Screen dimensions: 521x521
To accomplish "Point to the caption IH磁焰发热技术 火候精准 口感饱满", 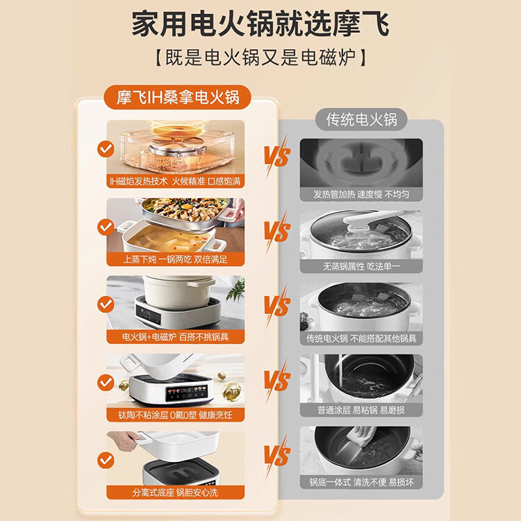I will [x=176, y=183].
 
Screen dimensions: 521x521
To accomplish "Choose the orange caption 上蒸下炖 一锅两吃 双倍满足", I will [x=176, y=259].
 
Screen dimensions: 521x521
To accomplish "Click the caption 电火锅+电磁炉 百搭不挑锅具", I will [x=176, y=337].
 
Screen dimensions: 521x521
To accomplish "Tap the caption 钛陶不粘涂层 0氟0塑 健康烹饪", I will [x=176, y=414].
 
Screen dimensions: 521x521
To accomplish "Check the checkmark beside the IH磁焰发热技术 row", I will [x=106, y=148].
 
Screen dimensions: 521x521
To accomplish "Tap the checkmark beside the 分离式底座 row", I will [x=106, y=458].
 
